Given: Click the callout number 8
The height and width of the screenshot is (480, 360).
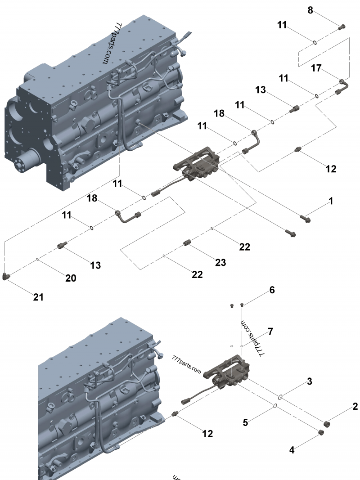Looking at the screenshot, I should click(x=310, y=9).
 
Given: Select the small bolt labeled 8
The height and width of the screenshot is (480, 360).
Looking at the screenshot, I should click(x=341, y=27).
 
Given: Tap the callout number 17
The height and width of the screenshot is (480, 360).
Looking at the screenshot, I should click(x=316, y=68).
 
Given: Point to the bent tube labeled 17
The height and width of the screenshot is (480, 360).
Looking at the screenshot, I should click(x=343, y=86).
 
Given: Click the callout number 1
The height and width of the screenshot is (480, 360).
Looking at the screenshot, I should click(x=331, y=201).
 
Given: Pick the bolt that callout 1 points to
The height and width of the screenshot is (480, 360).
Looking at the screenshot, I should click(x=305, y=219).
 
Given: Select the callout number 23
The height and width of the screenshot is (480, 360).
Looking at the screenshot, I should click(x=220, y=262).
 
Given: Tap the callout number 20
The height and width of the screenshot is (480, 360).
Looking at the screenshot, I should click(x=71, y=278).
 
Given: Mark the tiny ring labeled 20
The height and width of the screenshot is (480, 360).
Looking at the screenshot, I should click(x=37, y=260).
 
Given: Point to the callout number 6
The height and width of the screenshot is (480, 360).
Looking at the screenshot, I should click(x=271, y=291).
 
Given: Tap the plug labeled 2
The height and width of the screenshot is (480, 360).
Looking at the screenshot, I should click(x=327, y=423).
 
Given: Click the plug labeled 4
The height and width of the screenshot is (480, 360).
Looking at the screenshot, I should click(x=321, y=432).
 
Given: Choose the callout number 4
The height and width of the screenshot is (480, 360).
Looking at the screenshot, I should click(x=292, y=449).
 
